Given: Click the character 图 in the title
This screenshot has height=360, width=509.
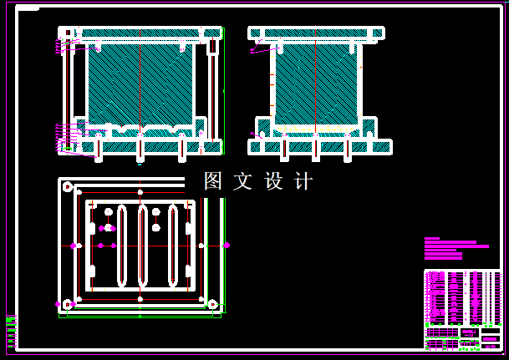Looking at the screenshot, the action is click(x=214, y=181).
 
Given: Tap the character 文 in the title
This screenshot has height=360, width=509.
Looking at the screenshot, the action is click(x=243, y=181).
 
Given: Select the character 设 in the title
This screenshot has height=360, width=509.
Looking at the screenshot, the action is click(x=274, y=181).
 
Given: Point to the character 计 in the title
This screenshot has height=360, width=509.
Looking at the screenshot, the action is click(x=303, y=181).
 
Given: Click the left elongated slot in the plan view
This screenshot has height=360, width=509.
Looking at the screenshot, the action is click(x=122, y=246).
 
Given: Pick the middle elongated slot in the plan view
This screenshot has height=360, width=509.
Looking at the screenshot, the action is click(x=143, y=246).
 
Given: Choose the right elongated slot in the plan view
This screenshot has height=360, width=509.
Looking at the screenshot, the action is click(x=173, y=246).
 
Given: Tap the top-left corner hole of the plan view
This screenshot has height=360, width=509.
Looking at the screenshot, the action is click(x=68, y=187).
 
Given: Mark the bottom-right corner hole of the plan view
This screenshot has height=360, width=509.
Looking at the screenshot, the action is click(x=212, y=304).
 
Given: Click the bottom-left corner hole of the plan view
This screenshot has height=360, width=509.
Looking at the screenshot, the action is click(x=68, y=304).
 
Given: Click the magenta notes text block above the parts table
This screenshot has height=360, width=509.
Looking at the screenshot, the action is click(x=456, y=249).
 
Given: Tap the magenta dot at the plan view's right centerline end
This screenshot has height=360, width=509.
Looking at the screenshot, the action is click(x=227, y=246).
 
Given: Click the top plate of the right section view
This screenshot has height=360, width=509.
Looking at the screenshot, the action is click(x=316, y=33).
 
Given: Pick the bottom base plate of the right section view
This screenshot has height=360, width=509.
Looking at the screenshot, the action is click(x=320, y=147).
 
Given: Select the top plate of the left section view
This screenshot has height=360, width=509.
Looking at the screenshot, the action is click(x=140, y=33).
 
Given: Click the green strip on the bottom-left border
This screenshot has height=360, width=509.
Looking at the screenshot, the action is click(x=11, y=332).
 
